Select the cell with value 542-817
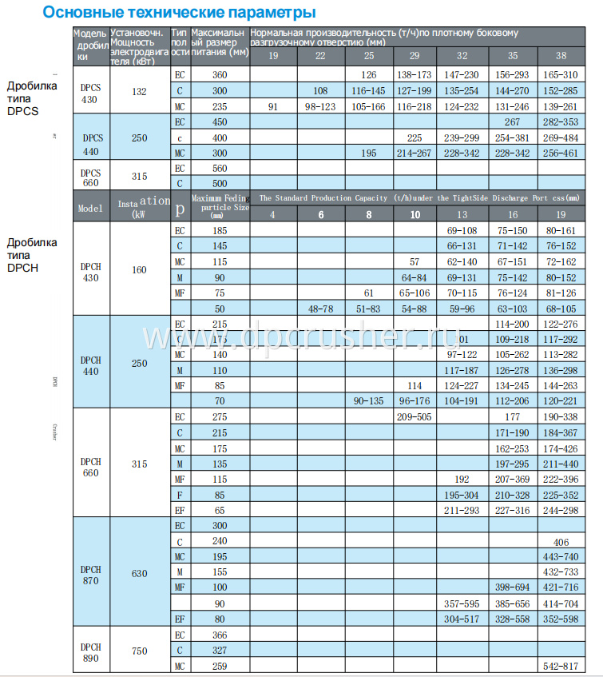coord(560,666)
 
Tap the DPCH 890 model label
coord(90,651)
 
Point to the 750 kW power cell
coord(139,651)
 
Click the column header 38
coord(561,56)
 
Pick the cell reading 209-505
coord(414,416)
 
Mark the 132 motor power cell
coord(139,92)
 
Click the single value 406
coord(561,541)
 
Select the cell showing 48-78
coord(320,309)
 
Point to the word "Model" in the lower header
coord(90,208)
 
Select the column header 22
coord(320,56)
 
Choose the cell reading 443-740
coord(560,556)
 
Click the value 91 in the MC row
coord(273,106)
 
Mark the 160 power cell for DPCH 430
coord(139,269)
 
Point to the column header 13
coord(462,214)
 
